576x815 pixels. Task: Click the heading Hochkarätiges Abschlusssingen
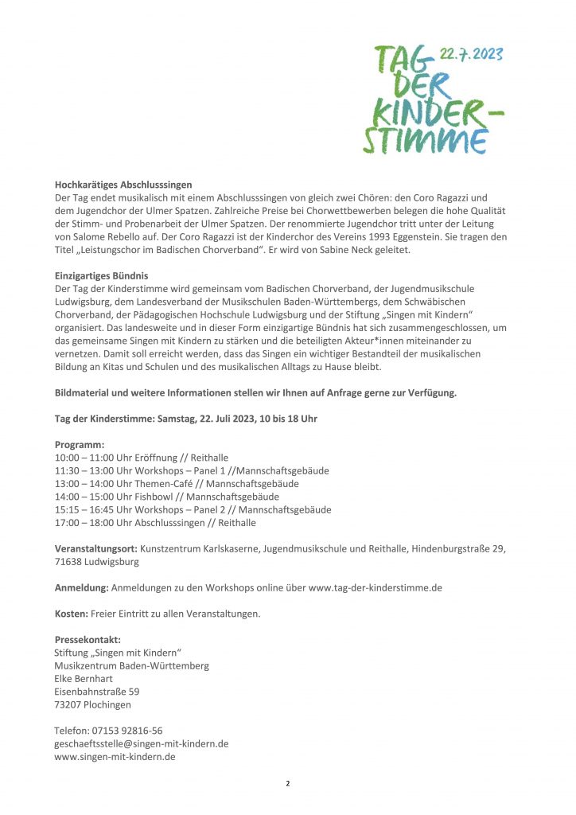point(123,184)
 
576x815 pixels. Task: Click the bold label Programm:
point(80,444)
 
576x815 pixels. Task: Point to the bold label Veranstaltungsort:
point(95,548)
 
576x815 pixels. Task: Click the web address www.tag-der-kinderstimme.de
point(375,587)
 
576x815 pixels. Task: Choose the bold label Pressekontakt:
point(88,639)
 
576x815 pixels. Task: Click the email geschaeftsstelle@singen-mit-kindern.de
point(142,743)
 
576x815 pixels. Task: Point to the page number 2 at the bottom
point(288,784)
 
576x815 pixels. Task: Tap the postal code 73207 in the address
point(69,704)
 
